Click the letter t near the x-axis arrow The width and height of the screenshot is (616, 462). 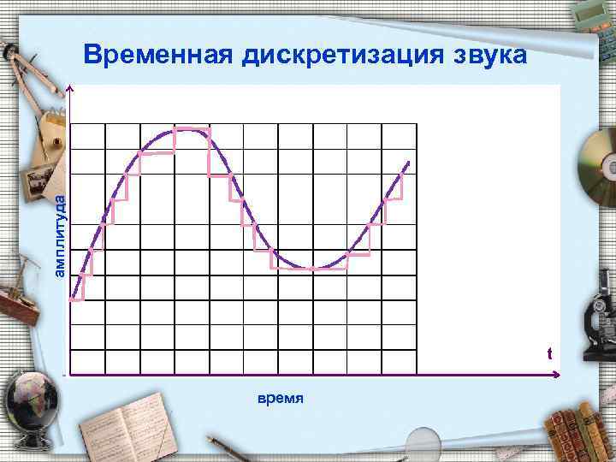(549, 353)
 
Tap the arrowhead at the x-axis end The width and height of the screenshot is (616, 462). (558, 374)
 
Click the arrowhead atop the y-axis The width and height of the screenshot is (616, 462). (70, 88)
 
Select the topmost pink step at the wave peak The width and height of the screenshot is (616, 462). (192, 129)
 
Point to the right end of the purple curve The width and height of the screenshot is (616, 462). (408, 163)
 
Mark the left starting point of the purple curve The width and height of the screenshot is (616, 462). (73, 299)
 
